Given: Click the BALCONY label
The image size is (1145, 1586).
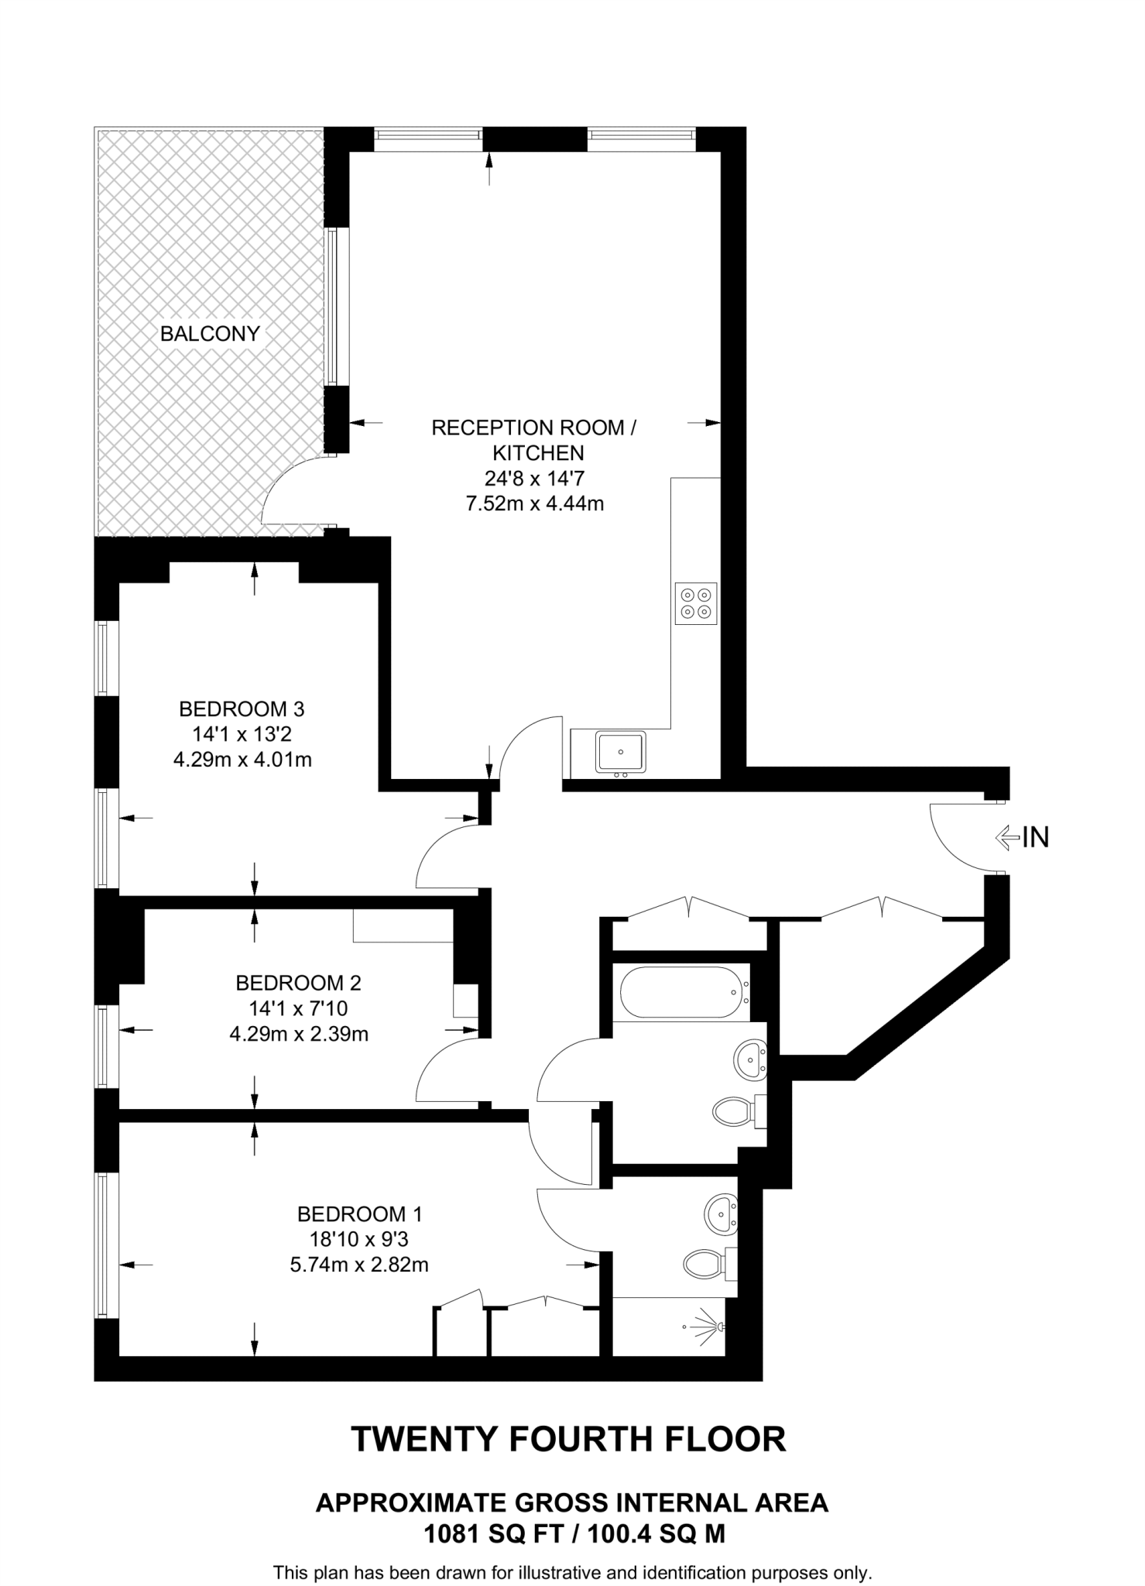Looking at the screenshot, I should point(210,334).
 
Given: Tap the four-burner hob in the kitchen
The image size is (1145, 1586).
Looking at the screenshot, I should point(695,603).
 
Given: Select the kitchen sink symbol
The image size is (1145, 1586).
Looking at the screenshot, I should point(620,751).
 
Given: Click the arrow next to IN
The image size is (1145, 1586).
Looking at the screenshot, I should point(1006,837).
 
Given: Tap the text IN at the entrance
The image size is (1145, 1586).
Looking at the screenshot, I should point(1036,837).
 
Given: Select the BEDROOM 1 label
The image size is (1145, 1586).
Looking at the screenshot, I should point(359,1214).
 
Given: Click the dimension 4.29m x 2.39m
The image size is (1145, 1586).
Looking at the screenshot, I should point(299,1034).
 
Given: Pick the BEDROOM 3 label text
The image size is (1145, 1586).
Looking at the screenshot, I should point(242,709).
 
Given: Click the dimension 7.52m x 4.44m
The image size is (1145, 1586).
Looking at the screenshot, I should point(534,503).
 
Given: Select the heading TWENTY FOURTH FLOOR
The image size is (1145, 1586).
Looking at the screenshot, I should point(569,1439).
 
